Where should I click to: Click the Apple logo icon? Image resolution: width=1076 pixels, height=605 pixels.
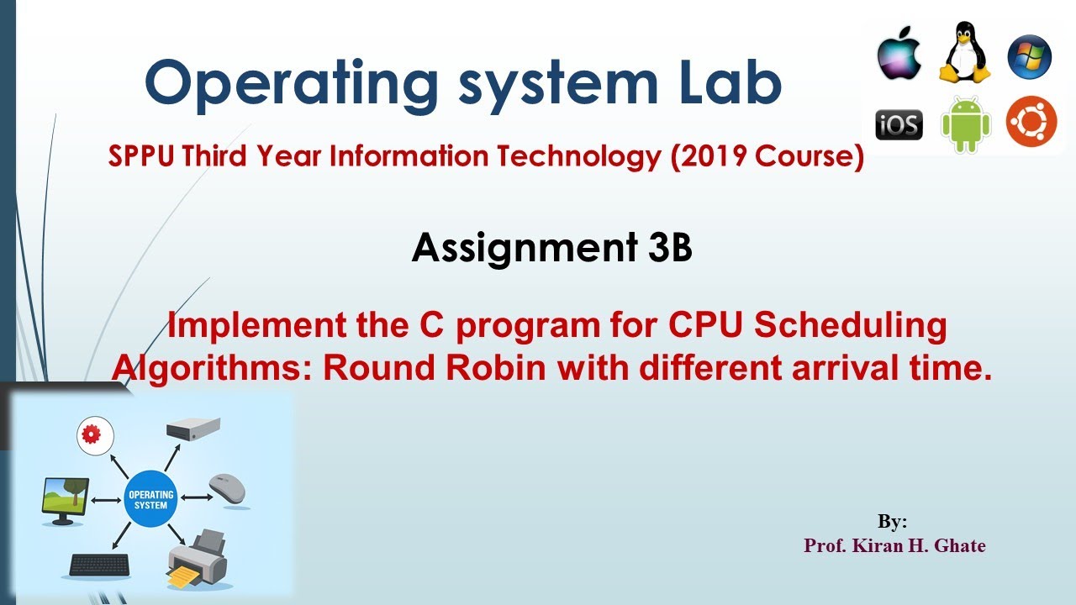(899, 53)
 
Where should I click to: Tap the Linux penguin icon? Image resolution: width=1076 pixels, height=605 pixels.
(964, 52)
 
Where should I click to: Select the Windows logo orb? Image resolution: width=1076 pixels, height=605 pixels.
(1030, 56)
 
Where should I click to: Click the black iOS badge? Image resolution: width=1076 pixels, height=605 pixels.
(899, 125)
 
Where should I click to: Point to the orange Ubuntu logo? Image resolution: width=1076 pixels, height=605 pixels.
(1031, 122)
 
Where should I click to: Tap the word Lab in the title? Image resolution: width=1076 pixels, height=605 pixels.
(731, 82)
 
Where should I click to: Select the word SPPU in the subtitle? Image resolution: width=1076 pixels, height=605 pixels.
(140, 155)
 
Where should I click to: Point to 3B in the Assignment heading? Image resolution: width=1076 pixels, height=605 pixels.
(670, 247)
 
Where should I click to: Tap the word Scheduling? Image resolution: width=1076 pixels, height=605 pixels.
(850, 325)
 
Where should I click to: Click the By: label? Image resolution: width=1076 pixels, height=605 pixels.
(892, 522)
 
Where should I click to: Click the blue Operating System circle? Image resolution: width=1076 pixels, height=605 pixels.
(150, 499)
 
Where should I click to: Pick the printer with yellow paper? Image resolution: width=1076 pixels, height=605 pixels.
(197, 559)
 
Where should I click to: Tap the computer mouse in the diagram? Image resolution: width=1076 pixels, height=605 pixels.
(227, 489)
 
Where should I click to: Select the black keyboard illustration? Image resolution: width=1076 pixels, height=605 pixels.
(99, 566)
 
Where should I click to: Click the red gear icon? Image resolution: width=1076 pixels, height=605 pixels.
(95, 435)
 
